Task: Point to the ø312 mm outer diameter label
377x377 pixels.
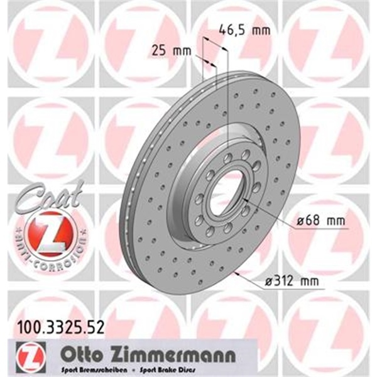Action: tap(288, 281)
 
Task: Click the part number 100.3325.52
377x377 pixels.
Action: tap(51, 326)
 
